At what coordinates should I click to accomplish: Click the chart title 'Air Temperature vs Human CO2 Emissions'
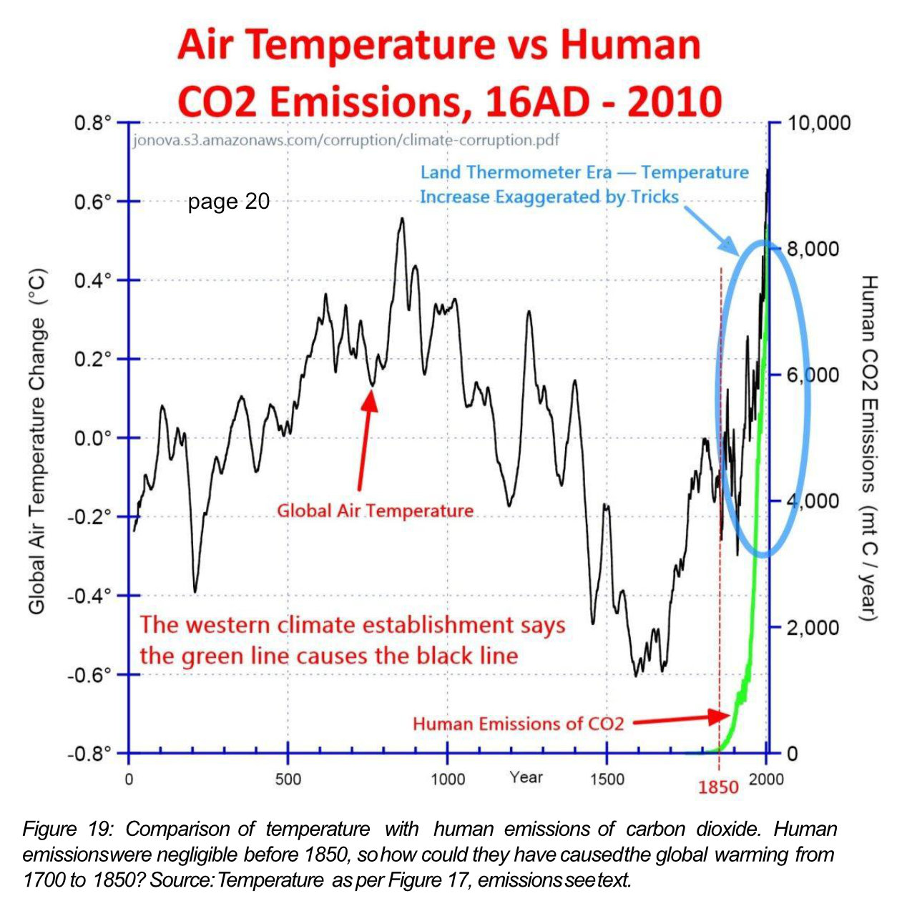pyautogui.click(x=449, y=73)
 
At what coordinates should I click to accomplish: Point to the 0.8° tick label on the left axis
pyautogui.click(x=93, y=123)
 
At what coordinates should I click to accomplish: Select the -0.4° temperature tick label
pyautogui.click(x=90, y=596)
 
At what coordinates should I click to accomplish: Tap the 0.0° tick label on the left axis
pyautogui.click(x=93, y=438)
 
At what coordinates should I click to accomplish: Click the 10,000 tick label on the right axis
pyautogui.click(x=819, y=123)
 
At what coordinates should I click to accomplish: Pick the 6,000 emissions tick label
pyautogui.click(x=814, y=375)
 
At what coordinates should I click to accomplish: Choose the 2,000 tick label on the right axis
pyautogui.click(x=814, y=628)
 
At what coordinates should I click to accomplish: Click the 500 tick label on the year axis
pyautogui.click(x=288, y=779)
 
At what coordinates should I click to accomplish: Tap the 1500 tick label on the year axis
pyautogui.click(x=607, y=779)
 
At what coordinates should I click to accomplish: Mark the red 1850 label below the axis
pyautogui.click(x=718, y=788)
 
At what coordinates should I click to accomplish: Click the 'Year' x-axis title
pyautogui.click(x=526, y=777)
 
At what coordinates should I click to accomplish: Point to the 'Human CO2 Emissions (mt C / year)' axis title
pyautogui.click(x=868, y=448)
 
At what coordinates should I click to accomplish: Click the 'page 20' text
pyautogui.click(x=228, y=202)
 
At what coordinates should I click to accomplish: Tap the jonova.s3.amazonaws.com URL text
pyautogui.click(x=346, y=139)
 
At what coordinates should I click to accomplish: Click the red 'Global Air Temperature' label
pyautogui.click(x=375, y=511)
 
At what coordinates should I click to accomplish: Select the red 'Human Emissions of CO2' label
pyautogui.click(x=518, y=724)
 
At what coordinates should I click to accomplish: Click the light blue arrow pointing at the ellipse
pyautogui.click(x=711, y=230)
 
